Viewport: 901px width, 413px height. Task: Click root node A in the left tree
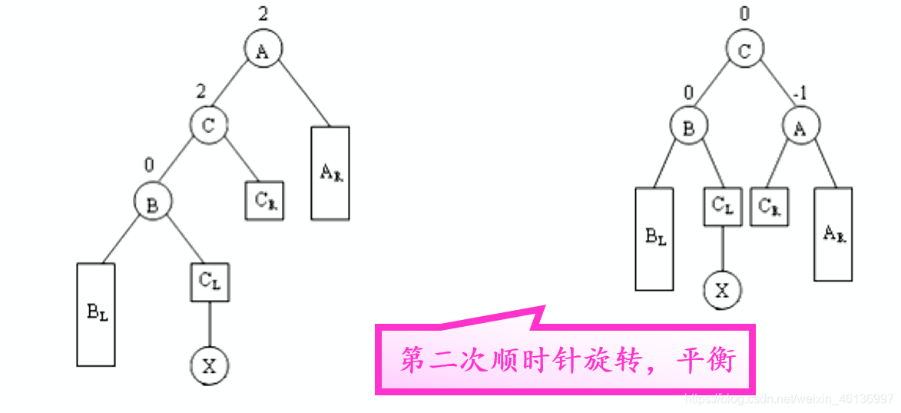click(x=263, y=50)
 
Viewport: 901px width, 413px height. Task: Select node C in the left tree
click(x=209, y=125)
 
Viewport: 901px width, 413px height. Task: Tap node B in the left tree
click(x=152, y=202)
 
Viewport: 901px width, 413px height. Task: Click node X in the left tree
click(x=210, y=365)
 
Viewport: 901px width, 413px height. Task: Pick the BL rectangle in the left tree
click(x=96, y=315)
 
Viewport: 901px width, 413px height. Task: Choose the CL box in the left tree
click(x=210, y=281)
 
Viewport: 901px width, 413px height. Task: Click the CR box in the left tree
click(x=264, y=201)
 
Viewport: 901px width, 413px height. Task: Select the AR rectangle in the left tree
click(x=330, y=172)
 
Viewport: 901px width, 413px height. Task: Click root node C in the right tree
click(x=745, y=50)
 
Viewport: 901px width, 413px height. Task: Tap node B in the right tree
click(x=688, y=128)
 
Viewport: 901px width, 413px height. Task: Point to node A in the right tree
click(x=802, y=128)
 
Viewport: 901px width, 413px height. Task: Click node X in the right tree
click(x=722, y=290)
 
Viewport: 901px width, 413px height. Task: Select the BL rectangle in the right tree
click(x=654, y=238)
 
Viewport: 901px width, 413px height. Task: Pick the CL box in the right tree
click(x=722, y=205)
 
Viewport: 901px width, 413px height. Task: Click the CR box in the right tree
click(x=769, y=205)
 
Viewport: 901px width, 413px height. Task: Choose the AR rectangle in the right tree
click(x=833, y=234)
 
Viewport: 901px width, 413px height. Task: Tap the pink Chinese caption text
click(x=568, y=360)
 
